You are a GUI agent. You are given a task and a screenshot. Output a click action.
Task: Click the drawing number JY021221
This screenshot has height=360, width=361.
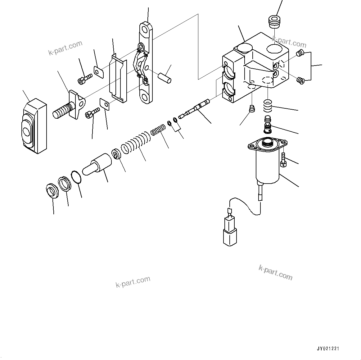click(x=328, y=349)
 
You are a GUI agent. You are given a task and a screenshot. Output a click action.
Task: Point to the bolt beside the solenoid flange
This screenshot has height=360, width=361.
click(x=283, y=160)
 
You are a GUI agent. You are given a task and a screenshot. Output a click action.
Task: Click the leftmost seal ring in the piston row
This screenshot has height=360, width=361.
click(x=52, y=191)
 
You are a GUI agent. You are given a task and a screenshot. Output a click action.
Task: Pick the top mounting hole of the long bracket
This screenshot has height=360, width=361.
click(x=145, y=30)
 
